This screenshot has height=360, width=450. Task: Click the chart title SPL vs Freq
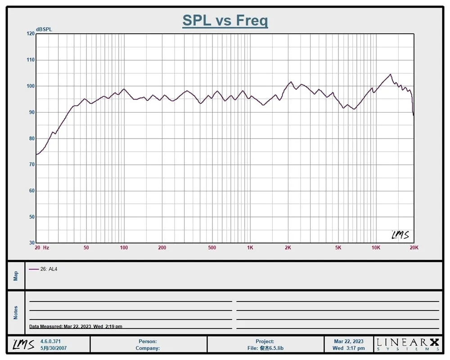tap(225, 20)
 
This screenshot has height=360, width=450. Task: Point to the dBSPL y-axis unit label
tap(44, 29)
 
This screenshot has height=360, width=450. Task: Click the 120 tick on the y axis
tap(31, 34)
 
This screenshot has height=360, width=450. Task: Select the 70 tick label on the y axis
tap(31, 165)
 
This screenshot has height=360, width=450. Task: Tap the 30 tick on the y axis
tap(31, 243)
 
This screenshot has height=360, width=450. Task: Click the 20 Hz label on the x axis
tap(42, 248)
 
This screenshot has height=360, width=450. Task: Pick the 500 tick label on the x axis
tap(212, 248)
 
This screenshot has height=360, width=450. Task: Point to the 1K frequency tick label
tap(250, 248)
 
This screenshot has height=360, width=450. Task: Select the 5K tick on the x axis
tap(338, 248)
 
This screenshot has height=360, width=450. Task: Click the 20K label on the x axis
tap(414, 248)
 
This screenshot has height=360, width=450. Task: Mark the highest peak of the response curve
tap(390, 74)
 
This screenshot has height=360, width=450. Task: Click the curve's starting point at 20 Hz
tap(36, 154)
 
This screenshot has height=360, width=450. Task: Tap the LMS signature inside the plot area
tap(400, 235)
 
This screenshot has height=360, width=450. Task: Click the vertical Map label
tap(16, 275)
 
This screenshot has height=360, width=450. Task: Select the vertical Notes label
tap(16, 312)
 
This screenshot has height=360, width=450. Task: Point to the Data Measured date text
tap(76, 327)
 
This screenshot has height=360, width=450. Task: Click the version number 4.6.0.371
tap(50, 342)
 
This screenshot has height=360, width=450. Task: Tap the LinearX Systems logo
tap(407, 344)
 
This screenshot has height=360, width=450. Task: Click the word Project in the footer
tap(265, 342)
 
